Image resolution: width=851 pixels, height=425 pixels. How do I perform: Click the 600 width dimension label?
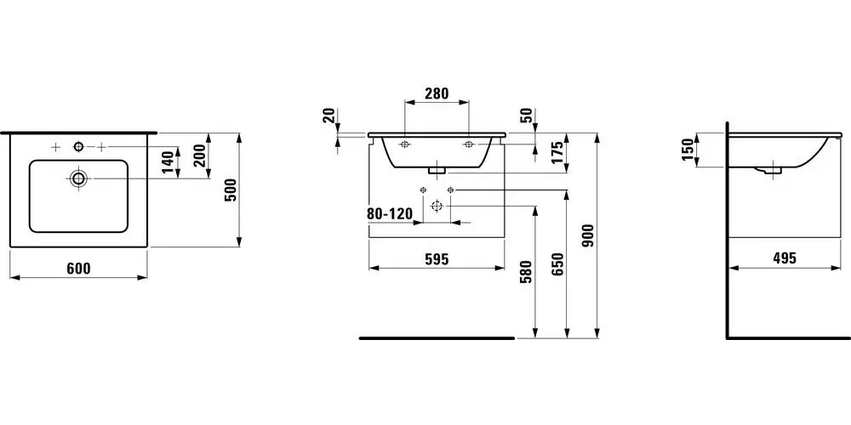(x=79, y=269)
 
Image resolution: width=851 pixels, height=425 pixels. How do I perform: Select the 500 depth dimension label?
(x=231, y=190)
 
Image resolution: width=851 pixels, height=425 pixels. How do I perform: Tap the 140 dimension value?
(x=168, y=162)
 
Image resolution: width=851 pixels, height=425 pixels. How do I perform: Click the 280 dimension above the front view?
(x=437, y=93)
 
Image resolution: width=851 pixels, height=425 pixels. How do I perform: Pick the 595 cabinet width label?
(x=437, y=259)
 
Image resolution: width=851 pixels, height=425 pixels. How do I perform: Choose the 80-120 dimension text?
(x=390, y=214)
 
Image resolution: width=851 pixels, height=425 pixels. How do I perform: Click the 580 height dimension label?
(x=525, y=272)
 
